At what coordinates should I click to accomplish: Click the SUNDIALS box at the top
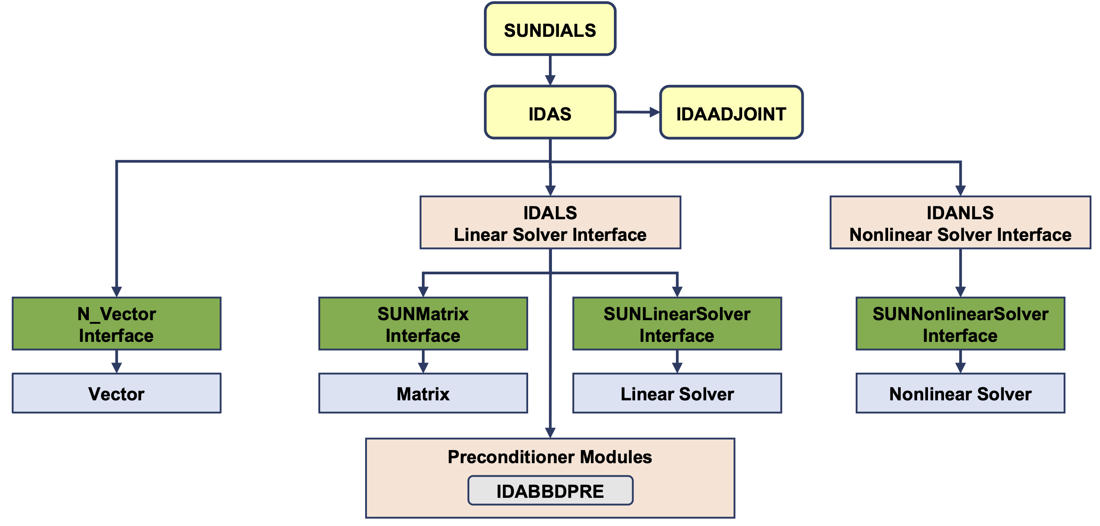pos(550,29)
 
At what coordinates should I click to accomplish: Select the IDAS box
pos(550,112)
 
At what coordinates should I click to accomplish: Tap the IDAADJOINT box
pos(731,112)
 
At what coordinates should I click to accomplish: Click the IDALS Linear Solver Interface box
pos(550,223)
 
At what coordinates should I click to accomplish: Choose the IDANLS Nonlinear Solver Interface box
pos(960,223)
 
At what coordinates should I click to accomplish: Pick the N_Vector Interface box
pos(117,324)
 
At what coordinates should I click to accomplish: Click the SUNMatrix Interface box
pos(423,324)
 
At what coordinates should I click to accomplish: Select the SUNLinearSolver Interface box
pos(677,324)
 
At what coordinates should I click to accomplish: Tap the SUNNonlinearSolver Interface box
pos(960,324)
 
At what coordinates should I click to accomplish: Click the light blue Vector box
pos(117,393)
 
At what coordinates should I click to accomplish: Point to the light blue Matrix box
pos(423,393)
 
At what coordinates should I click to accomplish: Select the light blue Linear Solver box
pos(677,393)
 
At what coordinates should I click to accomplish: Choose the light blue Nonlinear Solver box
pos(960,393)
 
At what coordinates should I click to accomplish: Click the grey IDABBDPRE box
pos(550,490)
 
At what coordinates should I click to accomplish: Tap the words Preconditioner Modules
pos(550,457)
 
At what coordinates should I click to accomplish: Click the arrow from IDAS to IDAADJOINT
pos(637,112)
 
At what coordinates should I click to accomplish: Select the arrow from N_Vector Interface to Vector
pos(117,362)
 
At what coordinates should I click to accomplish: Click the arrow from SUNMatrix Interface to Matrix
pos(423,362)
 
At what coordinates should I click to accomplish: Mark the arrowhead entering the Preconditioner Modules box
pos(550,433)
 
